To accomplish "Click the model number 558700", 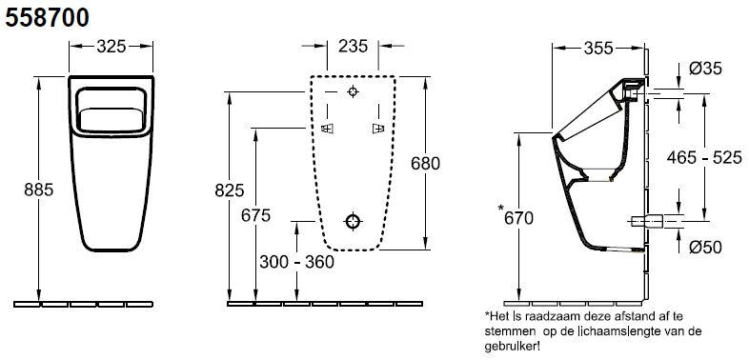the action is (x=48, y=19).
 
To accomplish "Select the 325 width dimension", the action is (x=111, y=47).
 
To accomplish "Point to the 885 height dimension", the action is (x=39, y=190).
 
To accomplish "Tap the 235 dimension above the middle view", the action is (x=353, y=47).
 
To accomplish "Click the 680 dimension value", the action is (x=425, y=163).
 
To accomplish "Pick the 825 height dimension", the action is (x=230, y=190).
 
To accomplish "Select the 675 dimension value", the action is (x=255, y=215).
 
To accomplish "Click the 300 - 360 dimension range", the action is (x=296, y=262).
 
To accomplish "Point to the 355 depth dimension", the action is (x=598, y=48).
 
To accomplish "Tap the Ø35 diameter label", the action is (x=705, y=69).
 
